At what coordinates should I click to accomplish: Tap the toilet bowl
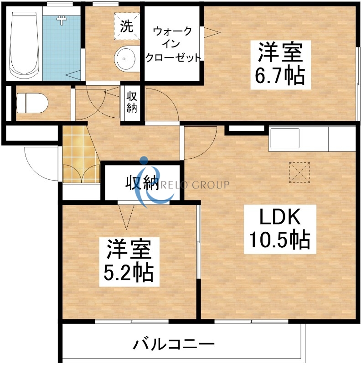point(31,103)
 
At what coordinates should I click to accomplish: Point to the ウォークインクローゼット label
point(172,44)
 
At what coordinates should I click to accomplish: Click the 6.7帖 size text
point(279,76)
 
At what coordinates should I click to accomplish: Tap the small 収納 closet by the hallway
point(132,103)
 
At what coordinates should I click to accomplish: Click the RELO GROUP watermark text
point(201,185)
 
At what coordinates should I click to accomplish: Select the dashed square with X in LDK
point(299,172)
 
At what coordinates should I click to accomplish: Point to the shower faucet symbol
point(61,20)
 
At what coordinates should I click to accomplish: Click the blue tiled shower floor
point(59,50)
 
